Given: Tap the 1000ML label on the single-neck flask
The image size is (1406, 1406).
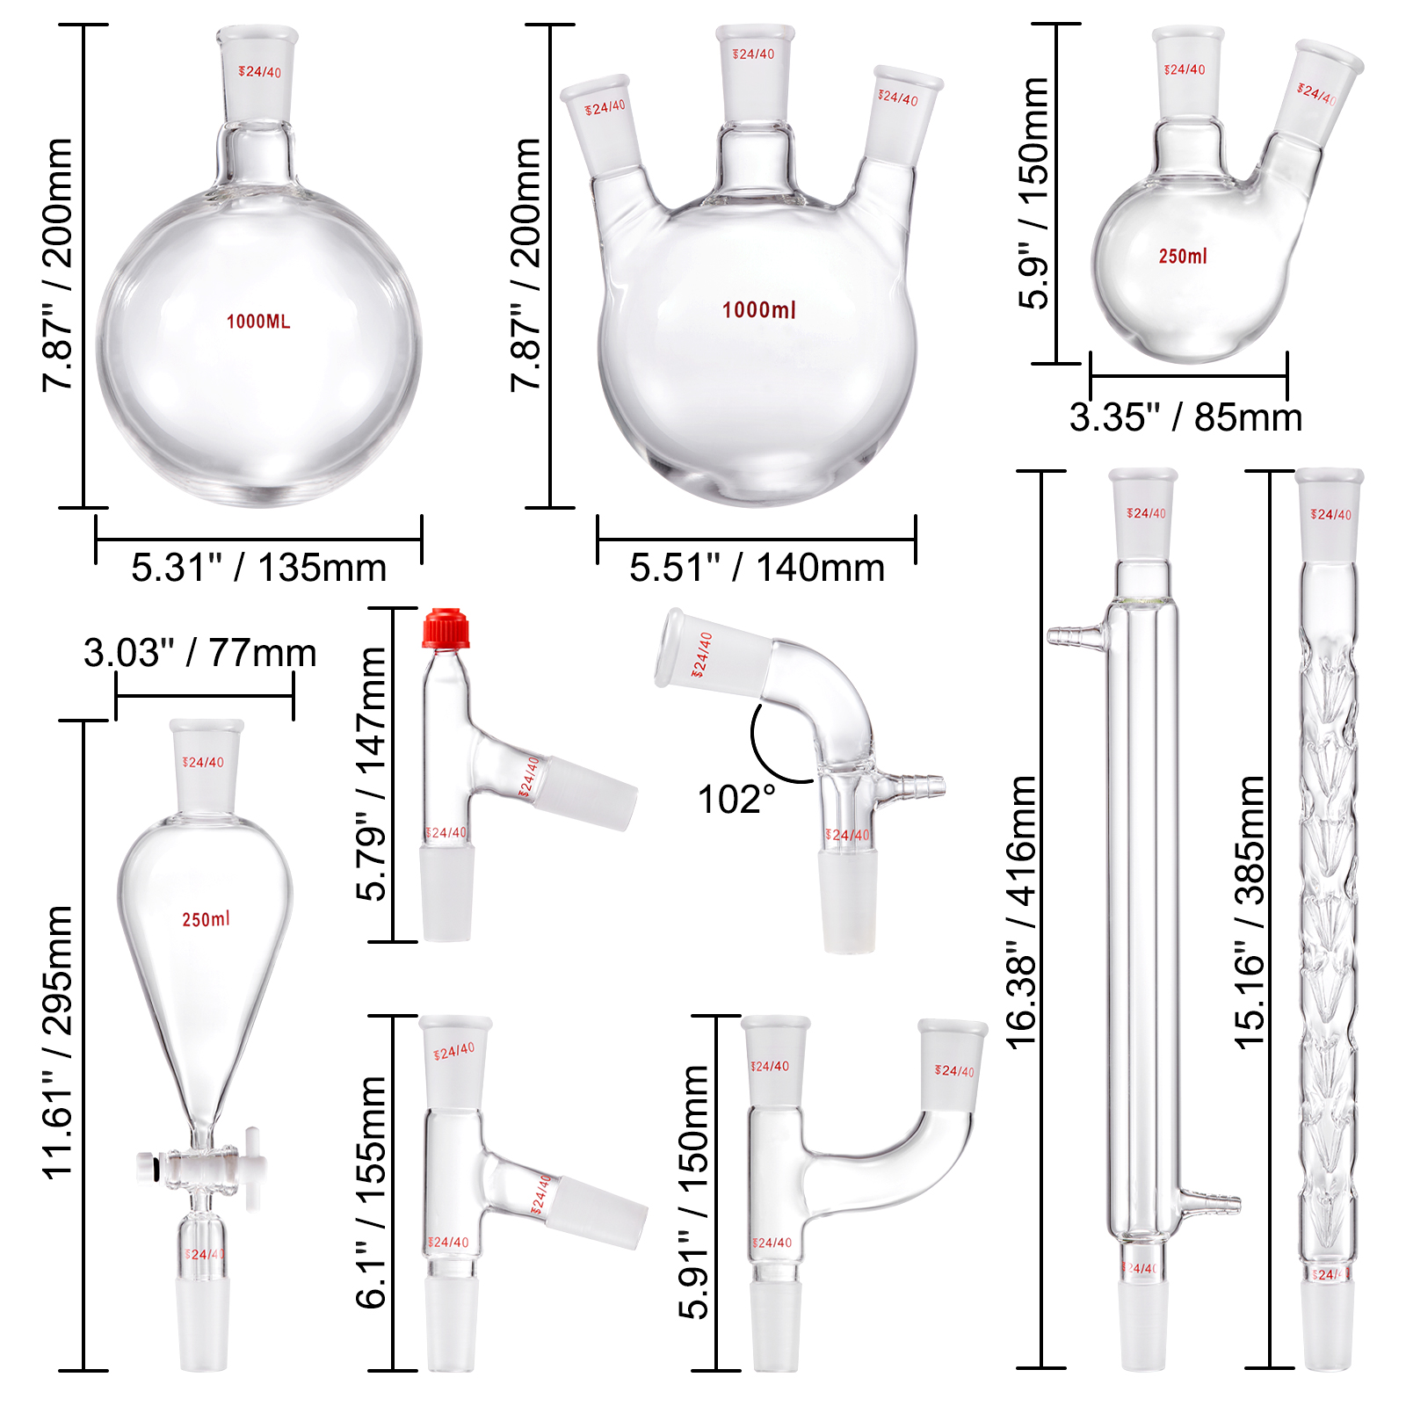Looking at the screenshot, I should [258, 322].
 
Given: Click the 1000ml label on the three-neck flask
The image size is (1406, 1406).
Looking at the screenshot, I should [759, 310].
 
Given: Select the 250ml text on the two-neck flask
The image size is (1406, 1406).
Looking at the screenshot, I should [1183, 257].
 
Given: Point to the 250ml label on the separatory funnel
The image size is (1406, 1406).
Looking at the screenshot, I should [206, 919].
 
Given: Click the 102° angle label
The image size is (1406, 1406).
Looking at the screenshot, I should [736, 800].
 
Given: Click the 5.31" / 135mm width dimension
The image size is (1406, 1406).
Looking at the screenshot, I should [258, 568].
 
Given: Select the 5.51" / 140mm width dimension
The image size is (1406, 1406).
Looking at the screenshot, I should [757, 568].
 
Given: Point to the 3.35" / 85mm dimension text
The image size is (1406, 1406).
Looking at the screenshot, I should [1185, 417].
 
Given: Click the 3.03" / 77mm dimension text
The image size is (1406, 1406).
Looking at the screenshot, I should [200, 653].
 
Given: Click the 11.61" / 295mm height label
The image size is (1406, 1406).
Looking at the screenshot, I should [58, 1041].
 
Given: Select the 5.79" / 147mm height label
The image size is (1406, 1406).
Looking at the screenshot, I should [372, 773].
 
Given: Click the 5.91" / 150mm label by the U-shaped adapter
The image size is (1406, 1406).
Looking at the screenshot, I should [693, 1192].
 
